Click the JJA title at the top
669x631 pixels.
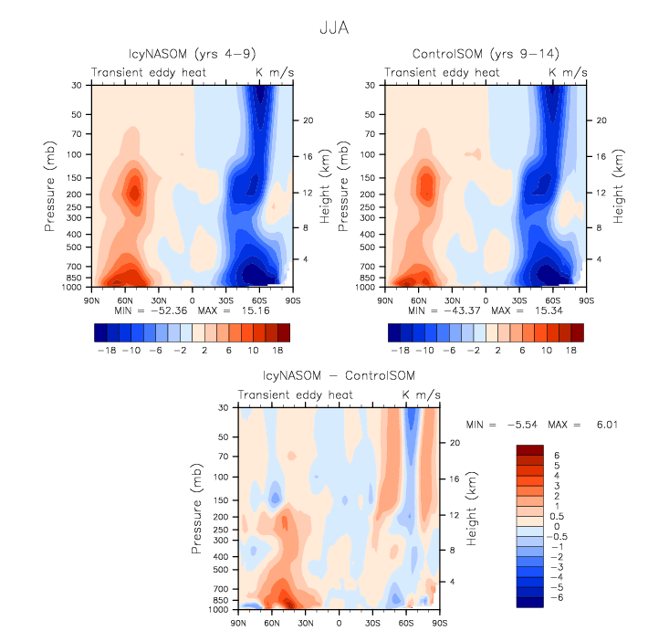pos(334,28)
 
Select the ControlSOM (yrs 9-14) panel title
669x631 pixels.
pos(484,54)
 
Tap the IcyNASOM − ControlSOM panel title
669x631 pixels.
pos(339,375)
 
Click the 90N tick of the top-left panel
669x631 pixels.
pos(90,299)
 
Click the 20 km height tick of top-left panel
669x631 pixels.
pos(308,120)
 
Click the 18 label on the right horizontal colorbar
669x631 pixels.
pos(570,350)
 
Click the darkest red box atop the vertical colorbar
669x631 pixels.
pos(531,449)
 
